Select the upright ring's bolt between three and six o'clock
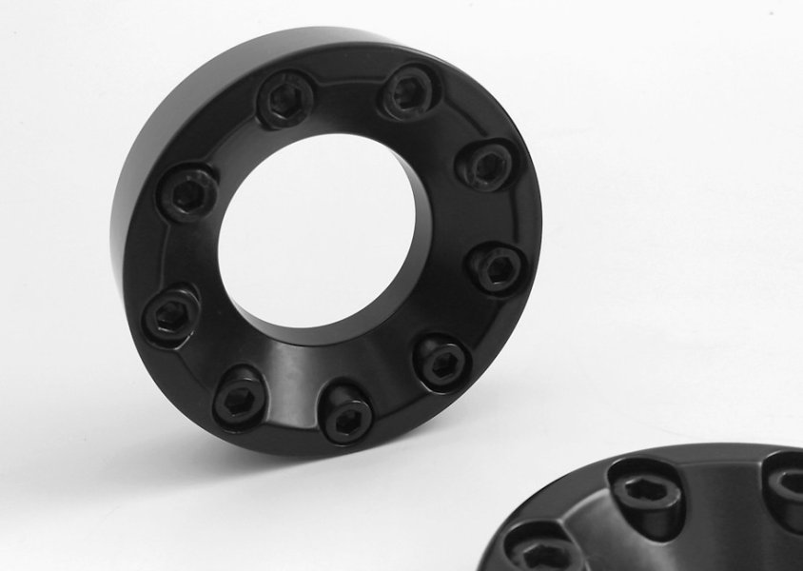[442, 360]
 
